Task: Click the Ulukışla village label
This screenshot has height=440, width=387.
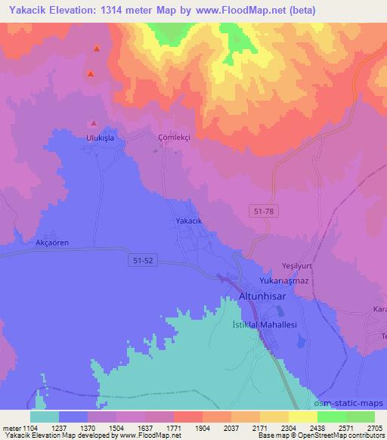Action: click(x=98, y=138)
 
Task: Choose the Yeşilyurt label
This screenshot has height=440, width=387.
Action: click(x=291, y=266)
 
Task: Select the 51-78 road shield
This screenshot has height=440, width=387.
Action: click(x=265, y=214)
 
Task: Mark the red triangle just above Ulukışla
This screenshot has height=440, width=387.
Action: click(x=94, y=123)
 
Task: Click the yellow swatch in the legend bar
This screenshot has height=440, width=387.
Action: click(x=302, y=417)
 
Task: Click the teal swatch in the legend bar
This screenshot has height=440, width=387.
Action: click(x=45, y=417)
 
